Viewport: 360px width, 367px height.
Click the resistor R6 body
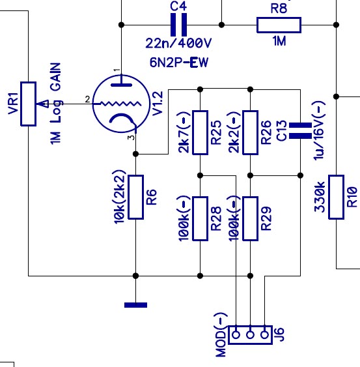point(135,197)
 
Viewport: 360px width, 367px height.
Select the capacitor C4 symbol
point(178,25)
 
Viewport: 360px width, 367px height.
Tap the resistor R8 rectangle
point(279,25)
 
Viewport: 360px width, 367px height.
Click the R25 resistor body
point(200,133)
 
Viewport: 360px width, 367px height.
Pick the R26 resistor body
point(251,133)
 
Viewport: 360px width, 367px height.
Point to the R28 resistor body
point(200,218)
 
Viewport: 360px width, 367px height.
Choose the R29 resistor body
point(251,218)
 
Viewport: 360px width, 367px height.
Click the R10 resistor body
point(336,197)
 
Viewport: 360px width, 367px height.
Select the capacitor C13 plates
point(300,130)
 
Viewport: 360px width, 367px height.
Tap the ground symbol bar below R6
point(135,305)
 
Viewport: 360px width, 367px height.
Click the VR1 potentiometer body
point(28,104)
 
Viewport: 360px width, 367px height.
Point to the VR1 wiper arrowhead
point(42,104)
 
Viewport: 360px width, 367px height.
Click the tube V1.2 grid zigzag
point(120,104)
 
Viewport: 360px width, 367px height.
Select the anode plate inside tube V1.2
point(121,85)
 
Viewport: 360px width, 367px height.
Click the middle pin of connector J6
point(251,335)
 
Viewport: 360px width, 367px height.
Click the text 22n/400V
point(178,43)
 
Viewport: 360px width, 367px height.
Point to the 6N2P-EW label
point(179,63)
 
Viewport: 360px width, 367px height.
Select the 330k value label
point(320,197)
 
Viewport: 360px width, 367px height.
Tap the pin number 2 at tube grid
point(87,100)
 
